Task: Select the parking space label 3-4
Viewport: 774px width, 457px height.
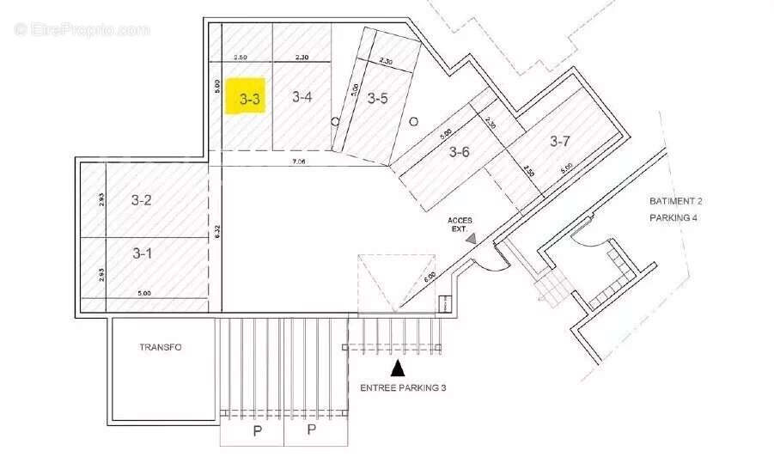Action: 302,97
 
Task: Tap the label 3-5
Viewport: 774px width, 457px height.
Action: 378,98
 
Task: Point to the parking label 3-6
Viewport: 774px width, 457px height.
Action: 460,153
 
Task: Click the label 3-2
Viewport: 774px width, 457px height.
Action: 142,201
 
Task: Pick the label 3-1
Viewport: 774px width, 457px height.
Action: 142,253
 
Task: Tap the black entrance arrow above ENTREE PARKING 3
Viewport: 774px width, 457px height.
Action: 398,369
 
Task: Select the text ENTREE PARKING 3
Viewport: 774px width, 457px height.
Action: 402,388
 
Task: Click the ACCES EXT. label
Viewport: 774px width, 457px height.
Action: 460,225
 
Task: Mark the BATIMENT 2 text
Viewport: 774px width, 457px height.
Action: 675,201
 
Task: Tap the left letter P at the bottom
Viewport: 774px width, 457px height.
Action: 255,430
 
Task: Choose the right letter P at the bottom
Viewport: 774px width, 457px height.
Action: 312,430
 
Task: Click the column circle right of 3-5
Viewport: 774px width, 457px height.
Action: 413,121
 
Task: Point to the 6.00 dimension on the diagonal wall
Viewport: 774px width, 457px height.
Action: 430,279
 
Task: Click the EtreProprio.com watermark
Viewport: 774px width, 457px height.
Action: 82,29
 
